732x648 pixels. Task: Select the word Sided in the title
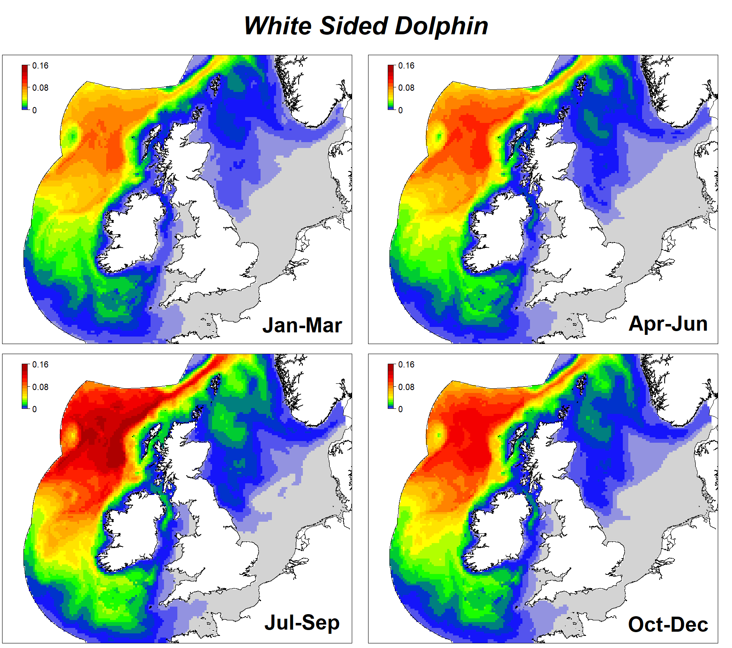click(354, 26)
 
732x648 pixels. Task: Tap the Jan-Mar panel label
click(302, 325)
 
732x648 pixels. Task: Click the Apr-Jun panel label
click(668, 324)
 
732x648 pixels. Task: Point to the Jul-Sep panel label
click(302, 623)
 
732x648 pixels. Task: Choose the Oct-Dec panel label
click(668, 625)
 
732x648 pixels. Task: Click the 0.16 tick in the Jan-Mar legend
click(40, 66)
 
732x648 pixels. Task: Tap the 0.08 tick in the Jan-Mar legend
click(40, 88)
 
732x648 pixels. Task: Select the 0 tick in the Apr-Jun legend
click(400, 110)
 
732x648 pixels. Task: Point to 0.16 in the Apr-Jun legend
click(406, 66)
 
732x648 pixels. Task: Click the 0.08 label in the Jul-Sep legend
click(40, 387)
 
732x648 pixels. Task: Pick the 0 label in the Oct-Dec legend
click(400, 409)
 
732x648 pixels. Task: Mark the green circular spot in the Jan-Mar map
click(73, 135)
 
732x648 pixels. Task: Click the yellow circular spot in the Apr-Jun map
click(439, 135)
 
